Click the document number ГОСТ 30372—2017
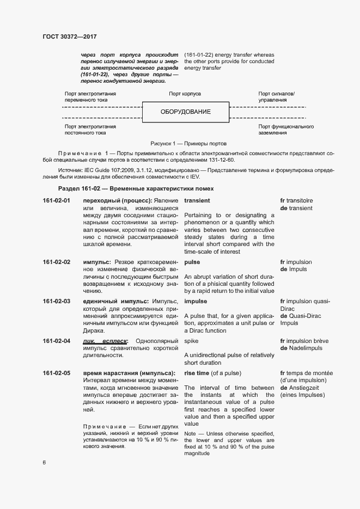pos(70,38)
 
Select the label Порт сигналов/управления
pos(276,97)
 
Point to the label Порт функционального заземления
pos(285,130)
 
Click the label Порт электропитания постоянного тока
pos(90,130)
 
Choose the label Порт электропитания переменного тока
pos(90,97)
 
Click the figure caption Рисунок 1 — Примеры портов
pos(185,143)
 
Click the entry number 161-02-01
pos(57,201)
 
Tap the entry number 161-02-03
pos(57,301)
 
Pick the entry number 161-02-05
pos(57,373)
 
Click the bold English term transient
pos(197,201)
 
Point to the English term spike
pos(191,341)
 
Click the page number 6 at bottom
pos(44,463)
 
